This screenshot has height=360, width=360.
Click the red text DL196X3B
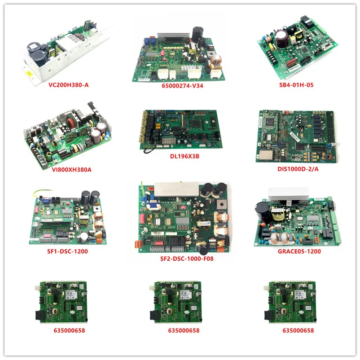[x=180, y=157]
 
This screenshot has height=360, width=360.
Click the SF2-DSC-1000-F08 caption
[x=182, y=259]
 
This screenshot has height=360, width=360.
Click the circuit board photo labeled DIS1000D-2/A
[x=295, y=133]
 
